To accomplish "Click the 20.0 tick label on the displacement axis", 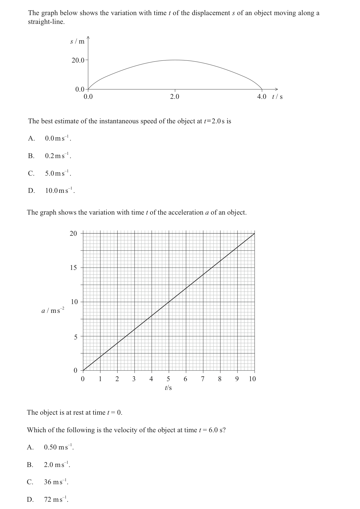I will click(78, 60).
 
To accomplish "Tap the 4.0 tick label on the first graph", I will click(262, 97).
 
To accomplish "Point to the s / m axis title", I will click(77, 41).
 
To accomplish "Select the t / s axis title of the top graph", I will click(277, 97).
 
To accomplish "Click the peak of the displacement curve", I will click(175, 60).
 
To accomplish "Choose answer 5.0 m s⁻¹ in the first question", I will click(58, 173).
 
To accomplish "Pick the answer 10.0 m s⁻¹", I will click(60, 191).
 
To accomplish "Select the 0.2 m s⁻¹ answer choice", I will click(58, 156).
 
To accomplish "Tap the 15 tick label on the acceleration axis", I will click(74, 267).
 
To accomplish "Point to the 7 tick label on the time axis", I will click(203, 379).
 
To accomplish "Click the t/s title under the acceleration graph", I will click(168, 388).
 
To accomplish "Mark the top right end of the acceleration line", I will click(254, 233).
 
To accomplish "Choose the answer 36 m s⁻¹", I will click(56, 482).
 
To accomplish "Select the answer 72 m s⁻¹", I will click(56, 499).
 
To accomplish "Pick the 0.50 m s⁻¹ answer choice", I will click(58, 447).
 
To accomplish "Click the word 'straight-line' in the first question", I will click(46, 22).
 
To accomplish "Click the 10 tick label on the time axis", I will click(252, 379).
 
